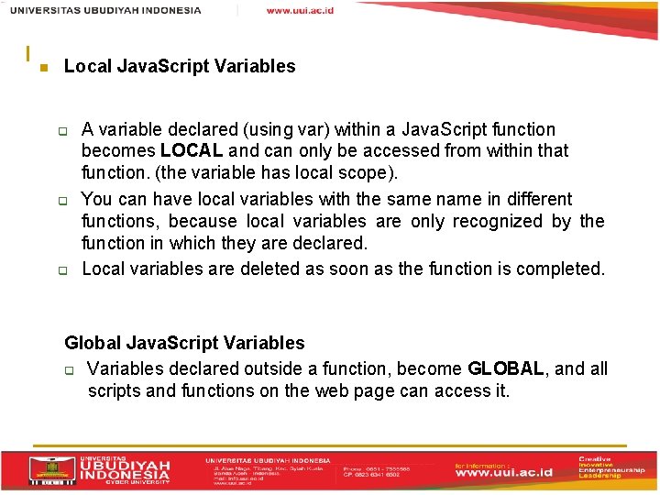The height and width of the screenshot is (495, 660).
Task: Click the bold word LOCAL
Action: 192,150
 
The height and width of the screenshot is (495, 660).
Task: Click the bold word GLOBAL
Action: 506,368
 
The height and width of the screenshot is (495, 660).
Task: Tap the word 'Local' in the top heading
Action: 87,66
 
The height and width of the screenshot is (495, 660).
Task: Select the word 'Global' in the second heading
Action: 93,343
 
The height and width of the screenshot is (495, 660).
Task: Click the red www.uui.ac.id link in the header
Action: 300,10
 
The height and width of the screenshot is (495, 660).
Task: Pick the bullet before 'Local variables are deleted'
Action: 65,270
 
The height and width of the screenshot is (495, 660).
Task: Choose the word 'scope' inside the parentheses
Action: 338,172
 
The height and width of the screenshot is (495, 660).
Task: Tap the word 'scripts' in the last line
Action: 115,390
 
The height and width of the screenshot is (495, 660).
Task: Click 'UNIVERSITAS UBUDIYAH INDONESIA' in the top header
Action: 105,10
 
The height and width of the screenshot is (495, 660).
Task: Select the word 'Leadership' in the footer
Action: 599,477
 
